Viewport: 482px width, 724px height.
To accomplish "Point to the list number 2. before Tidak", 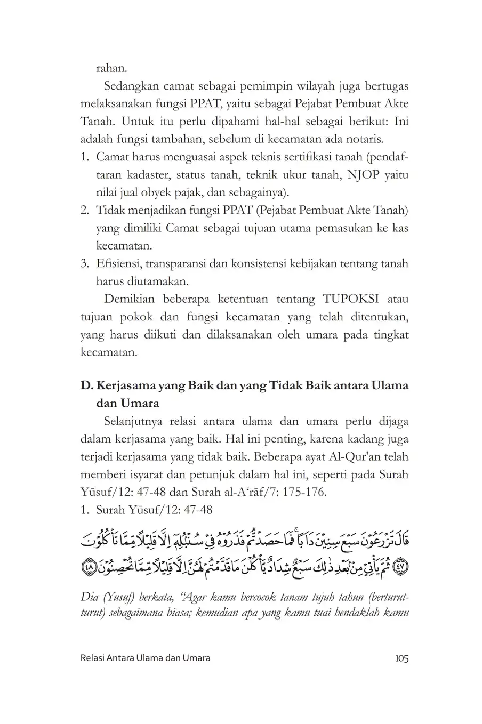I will [84, 211].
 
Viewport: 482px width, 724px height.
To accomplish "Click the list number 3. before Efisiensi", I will [84, 263].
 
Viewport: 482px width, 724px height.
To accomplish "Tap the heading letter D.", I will [85, 385].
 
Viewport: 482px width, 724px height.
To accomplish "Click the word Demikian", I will [128, 300].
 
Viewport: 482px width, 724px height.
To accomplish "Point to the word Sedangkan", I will [130, 86].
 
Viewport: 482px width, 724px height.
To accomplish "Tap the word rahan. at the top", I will [112, 68].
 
